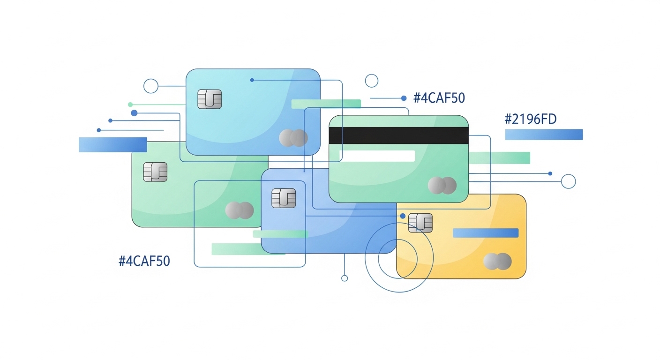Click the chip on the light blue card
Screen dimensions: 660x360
point(209,99)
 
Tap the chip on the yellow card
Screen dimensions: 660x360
point(420,223)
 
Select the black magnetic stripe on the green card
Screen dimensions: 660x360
point(398,135)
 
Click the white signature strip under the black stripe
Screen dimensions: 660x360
point(377,156)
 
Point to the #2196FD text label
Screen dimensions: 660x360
point(530,120)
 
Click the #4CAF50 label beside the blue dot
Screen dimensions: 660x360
point(439,98)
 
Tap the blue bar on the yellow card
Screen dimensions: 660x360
point(485,233)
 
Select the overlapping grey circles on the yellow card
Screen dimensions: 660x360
point(497,262)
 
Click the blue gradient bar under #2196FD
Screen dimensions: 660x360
point(544,135)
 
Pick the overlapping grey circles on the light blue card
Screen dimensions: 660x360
point(293,138)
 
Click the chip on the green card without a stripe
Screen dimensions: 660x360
point(155,172)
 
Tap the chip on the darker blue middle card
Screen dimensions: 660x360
point(284,198)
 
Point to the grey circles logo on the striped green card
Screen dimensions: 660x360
point(442,186)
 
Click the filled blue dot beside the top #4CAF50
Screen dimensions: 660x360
point(404,98)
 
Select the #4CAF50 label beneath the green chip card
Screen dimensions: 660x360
point(144,261)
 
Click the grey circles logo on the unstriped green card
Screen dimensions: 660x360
point(239,210)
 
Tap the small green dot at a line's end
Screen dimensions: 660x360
point(130,105)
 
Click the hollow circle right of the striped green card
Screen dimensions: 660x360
point(568,181)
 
